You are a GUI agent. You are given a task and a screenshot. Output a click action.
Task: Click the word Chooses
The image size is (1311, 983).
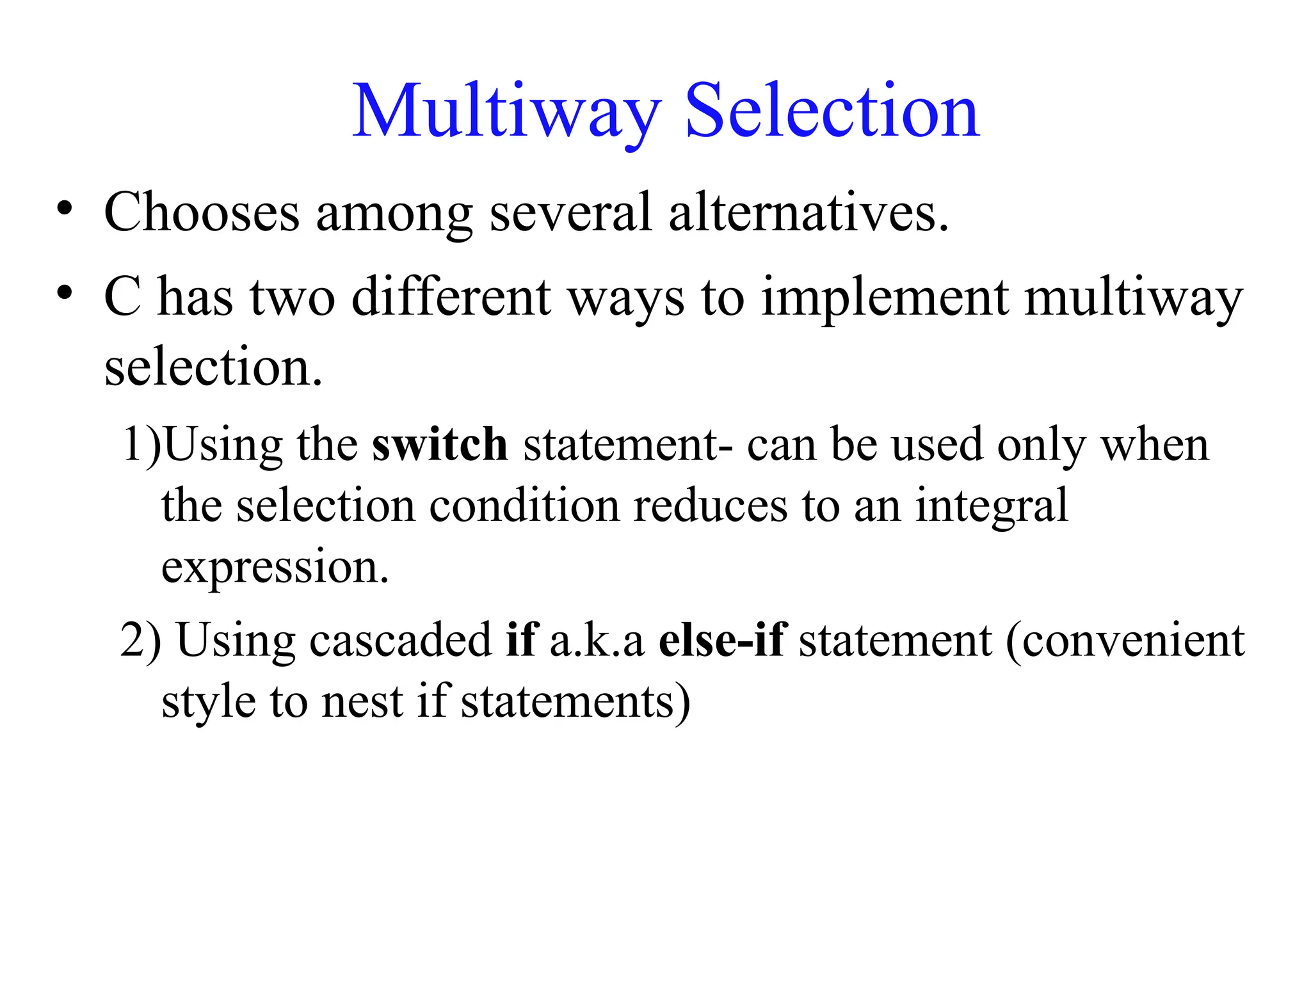tap(202, 213)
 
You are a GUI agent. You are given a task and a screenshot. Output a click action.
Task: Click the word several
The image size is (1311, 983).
tap(570, 213)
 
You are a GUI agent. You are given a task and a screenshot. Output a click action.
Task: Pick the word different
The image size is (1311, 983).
tap(451, 298)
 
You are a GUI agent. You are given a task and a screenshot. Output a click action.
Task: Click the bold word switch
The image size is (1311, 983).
tap(440, 445)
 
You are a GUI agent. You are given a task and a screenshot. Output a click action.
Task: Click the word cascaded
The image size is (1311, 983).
tap(400, 641)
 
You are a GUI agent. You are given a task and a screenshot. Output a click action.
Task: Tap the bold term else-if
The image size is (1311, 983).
tap(722, 641)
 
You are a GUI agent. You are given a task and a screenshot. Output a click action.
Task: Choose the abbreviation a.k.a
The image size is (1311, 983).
tap(597, 641)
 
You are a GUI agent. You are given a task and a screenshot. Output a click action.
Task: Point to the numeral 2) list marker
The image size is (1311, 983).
tap(140, 641)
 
